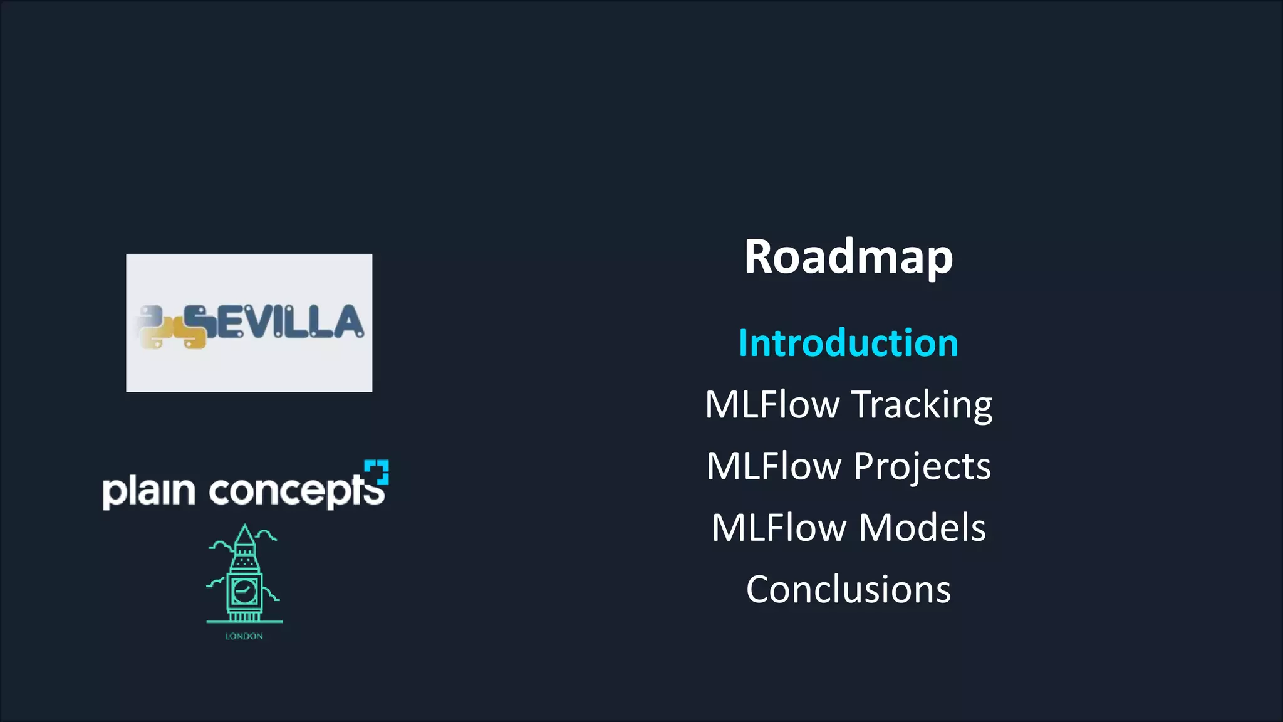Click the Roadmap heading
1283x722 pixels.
click(848, 257)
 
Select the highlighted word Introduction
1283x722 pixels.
click(848, 343)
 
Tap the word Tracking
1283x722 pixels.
click(922, 405)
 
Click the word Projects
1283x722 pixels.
click(922, 467)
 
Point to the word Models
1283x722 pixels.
click(922, 528)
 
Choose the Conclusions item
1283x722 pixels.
click(848, 589)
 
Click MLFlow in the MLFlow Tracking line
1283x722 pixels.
click(772, 405)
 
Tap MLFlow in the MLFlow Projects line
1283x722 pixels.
click(774, 467)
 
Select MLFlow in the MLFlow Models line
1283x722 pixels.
click(779, 528)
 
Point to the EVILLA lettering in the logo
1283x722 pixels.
click(288, 322)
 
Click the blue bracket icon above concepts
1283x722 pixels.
click(377, 471)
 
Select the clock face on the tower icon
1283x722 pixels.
click(244, 590)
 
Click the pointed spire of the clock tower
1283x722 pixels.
click(244, 536)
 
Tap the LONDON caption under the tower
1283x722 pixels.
click(244, 636)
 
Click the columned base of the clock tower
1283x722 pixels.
click(244, 616)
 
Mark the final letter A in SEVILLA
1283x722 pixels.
click(348, 322)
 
